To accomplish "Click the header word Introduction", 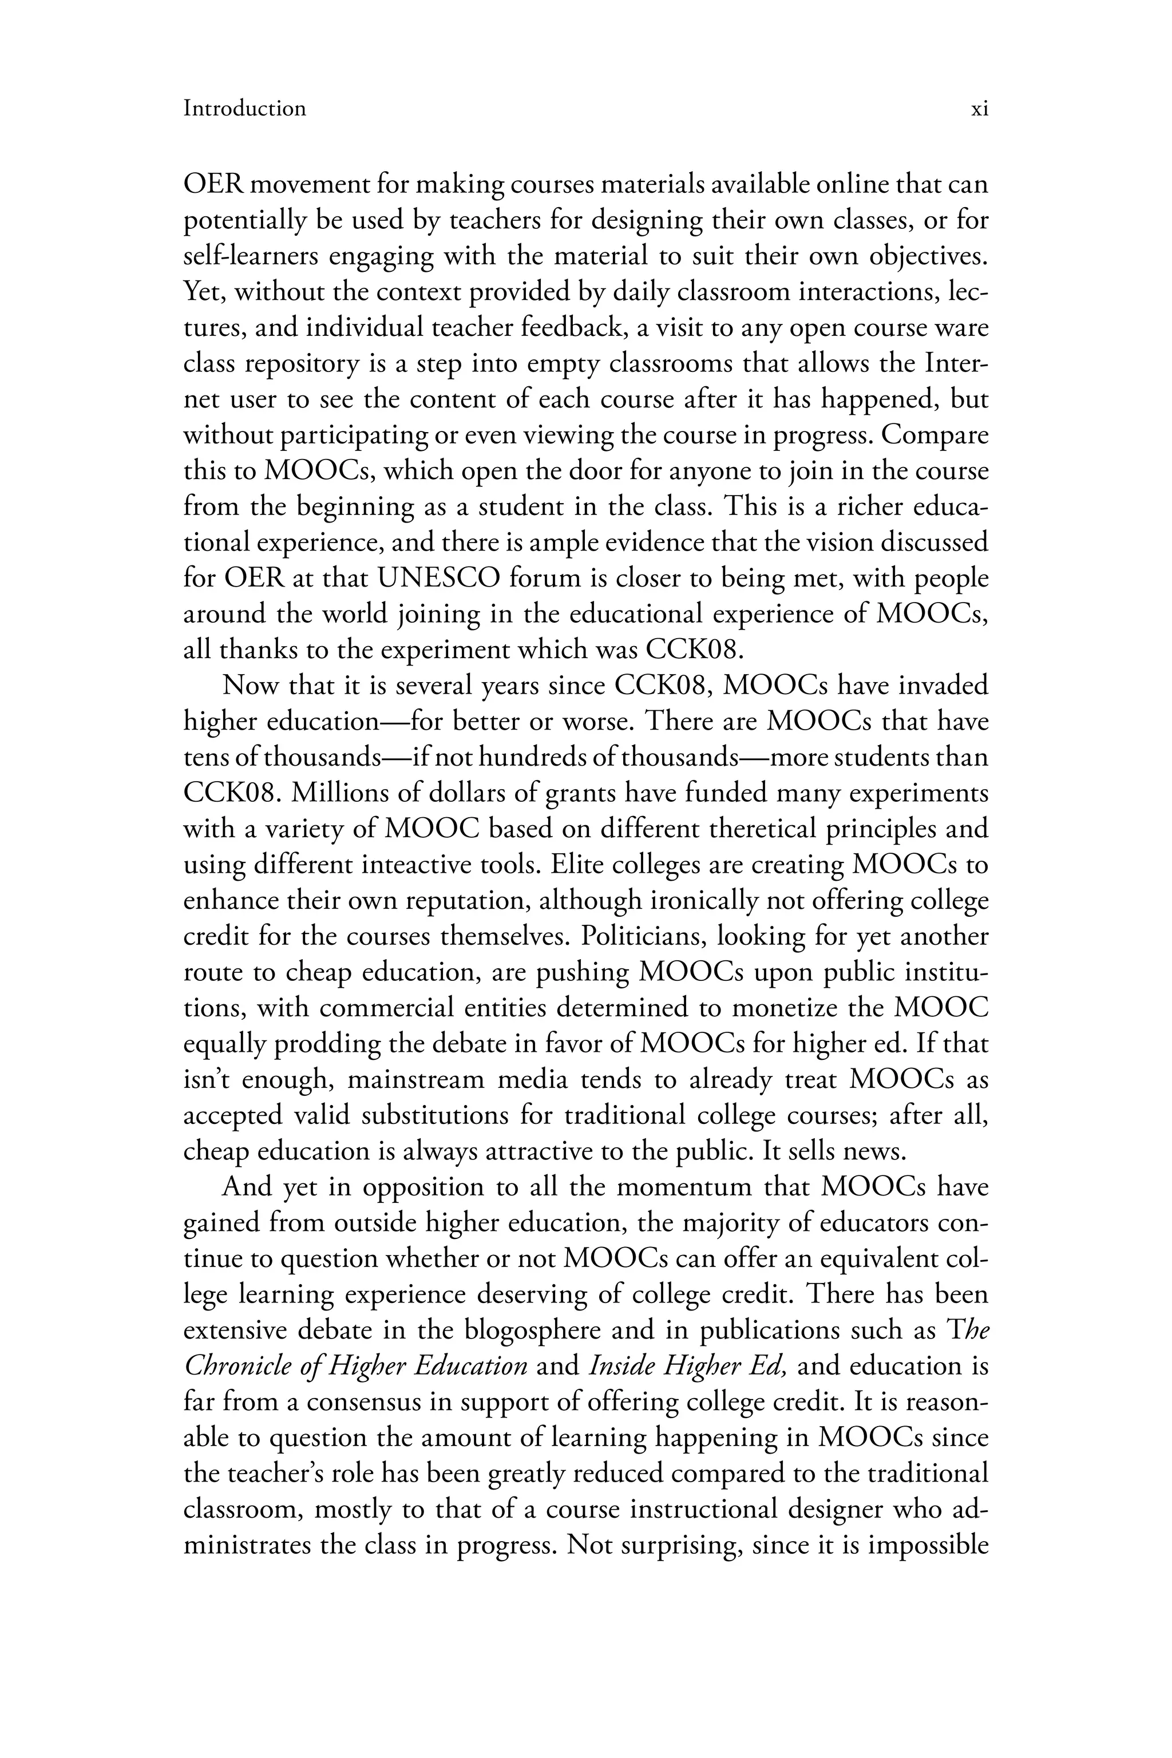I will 244,109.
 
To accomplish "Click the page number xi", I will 979,109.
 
